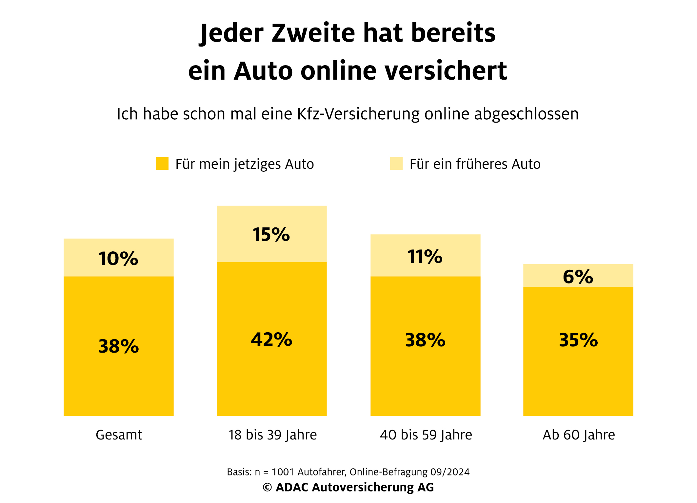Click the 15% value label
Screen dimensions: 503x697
271,235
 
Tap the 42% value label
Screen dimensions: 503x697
271,339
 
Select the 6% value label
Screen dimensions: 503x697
578,277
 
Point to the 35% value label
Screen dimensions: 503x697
578,340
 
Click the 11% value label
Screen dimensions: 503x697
425,257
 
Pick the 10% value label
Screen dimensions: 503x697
118,259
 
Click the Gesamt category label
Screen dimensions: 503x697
119,435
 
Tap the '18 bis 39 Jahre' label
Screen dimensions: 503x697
272,435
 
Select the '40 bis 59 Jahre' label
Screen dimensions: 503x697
426,435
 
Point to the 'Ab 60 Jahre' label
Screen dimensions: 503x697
579,435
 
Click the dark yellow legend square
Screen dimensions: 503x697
162,164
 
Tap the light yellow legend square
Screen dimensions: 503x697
396,164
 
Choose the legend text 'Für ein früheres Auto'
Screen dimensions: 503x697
475,164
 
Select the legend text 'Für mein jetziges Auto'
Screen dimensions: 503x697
245,164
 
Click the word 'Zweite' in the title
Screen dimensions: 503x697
313,33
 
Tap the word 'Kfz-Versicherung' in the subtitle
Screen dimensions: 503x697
358,114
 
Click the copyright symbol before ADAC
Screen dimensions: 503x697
267,488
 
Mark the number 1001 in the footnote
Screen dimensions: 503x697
283,472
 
